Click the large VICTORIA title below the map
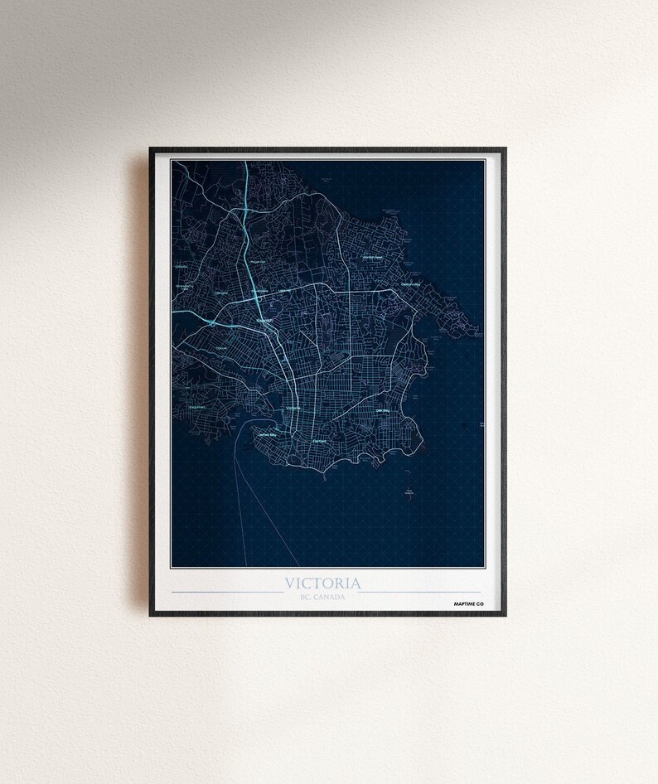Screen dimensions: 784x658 [323, 583]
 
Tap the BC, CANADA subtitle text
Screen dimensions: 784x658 [323, 597]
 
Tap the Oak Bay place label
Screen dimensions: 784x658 [383, 409]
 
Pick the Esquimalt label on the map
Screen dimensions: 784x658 [196, 408]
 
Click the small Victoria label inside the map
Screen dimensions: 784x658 [293, 408]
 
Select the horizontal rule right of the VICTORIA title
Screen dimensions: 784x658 [419, 592]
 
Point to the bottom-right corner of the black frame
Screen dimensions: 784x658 [504, 614]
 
